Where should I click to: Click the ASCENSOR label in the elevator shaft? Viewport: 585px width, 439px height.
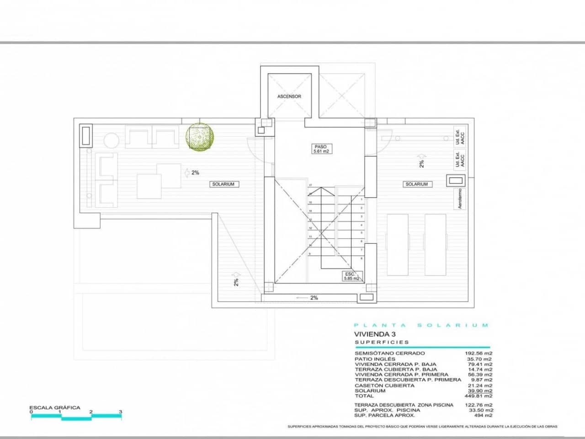[x=289, y=96]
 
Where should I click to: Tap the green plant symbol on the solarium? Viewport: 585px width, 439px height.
[x=200, y=137]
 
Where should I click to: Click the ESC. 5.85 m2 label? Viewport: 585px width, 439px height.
[x=351, y=276]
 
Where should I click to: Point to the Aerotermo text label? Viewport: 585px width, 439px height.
[x=460, y=199]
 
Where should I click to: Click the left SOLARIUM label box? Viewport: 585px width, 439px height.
[x=223, y=184]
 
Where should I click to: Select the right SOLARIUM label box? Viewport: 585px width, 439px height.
[x=416, y=184]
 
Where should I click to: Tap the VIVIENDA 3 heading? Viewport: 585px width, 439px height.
[x=375, y=334]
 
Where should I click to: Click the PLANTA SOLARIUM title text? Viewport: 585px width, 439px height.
[x=421, y=325]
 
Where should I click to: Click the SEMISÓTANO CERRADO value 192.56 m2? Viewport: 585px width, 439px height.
[x=479, y=353]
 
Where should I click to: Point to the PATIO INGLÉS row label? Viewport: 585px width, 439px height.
[x=375, y=359]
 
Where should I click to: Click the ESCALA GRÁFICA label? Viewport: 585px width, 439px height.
[x=55, y=407]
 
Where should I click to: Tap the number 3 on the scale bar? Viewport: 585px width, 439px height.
[x=121, y=412]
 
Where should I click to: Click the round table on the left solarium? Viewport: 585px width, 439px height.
[x=111, y=139]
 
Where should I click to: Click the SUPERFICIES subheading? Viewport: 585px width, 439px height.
[x=382, y=342]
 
